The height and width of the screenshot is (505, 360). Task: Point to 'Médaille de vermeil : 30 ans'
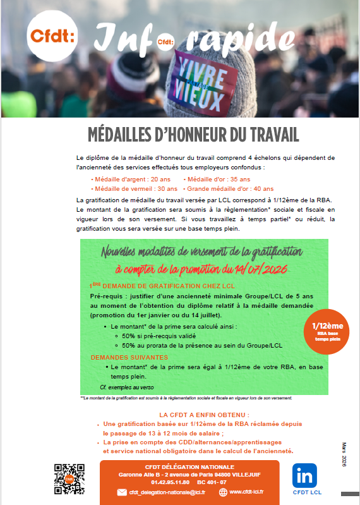pyautogui.click(x=134, y=188)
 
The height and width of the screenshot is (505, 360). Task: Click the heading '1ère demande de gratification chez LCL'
pyautogui.click(x=153, y=285)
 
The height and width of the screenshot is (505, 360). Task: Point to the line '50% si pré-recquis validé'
pyautogui.click(x=157, y=336)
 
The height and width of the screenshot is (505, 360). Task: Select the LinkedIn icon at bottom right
pyautogui.click(x=305, y=475)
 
